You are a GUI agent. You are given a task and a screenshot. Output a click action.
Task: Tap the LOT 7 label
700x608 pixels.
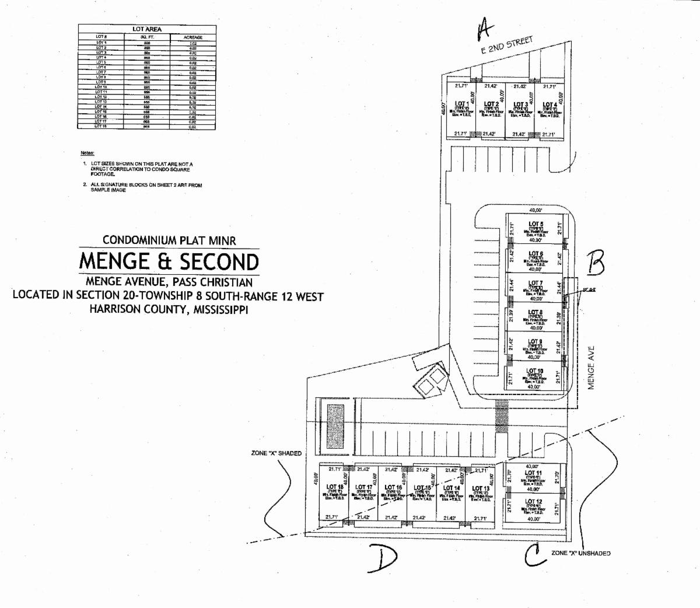click(x=535, y=283)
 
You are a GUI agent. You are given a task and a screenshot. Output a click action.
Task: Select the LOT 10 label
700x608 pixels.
click(x=535, y=371)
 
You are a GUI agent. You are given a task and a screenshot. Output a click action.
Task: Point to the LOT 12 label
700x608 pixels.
click(x=533, y=501)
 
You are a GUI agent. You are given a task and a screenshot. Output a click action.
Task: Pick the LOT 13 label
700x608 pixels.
click(x=481, y=488)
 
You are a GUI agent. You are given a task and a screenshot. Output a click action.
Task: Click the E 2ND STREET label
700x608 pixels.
click(x=507, y=45)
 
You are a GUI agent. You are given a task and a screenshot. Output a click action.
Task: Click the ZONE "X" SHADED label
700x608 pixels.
click(x=276, y=453)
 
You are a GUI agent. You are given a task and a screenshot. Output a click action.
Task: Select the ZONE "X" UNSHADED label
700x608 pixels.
click(x=581, y=553)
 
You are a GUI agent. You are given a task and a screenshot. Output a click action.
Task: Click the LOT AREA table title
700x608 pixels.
click(x=147, y=29)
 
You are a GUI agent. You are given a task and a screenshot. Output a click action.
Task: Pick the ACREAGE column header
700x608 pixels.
click(x=192, y=37)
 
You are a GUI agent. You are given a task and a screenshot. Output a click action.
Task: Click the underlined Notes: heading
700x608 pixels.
click(x=88, y=153)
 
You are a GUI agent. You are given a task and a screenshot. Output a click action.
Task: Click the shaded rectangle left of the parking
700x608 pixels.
click(x=335, y=425)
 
